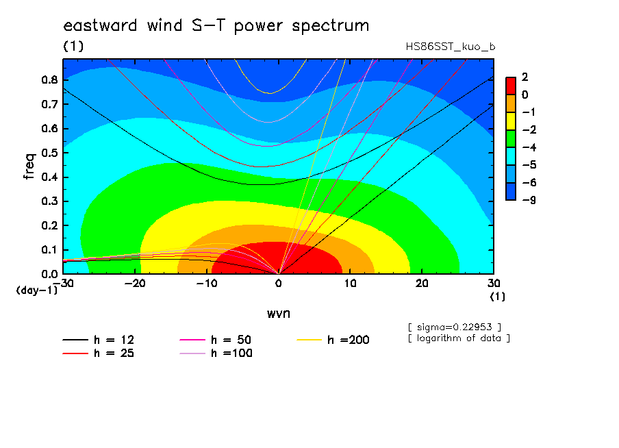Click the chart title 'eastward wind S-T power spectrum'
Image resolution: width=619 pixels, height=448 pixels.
tap(216, 26)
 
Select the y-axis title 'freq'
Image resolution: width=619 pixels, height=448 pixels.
tap(29, 166)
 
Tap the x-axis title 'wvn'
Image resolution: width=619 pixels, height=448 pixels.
tap(279, 314)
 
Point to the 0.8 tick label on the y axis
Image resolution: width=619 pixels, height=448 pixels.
tap(50, 79)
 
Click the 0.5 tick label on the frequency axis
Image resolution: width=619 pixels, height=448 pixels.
tap(50, 153)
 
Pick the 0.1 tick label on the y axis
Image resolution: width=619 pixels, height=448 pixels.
tap(50, 250)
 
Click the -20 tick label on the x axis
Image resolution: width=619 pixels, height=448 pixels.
tap(135, 284)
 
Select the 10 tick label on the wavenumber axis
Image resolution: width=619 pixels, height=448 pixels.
tap(350, 284)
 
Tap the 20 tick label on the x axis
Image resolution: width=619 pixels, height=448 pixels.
tap(422, 284)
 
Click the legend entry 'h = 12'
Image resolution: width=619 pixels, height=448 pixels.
tap(99, 340)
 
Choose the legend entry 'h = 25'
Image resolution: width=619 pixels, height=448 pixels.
tap(99, 353)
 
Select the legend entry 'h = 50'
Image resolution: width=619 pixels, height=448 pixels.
tap(216, 340)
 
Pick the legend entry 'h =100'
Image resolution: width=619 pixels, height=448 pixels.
tap(216, 353)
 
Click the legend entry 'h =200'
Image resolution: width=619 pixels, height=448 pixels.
tap(333, 340)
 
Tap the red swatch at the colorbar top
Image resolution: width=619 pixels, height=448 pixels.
tap(511, 86)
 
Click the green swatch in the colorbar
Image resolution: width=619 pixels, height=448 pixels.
tap(511, 138)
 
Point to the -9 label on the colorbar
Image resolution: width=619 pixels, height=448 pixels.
tap(529, 200)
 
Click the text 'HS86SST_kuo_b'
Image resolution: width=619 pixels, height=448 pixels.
tap(451, 47)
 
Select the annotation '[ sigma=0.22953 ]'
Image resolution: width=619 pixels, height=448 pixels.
tap(455, 327)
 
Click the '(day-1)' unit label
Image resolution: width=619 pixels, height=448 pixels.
tap(36, 290)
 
